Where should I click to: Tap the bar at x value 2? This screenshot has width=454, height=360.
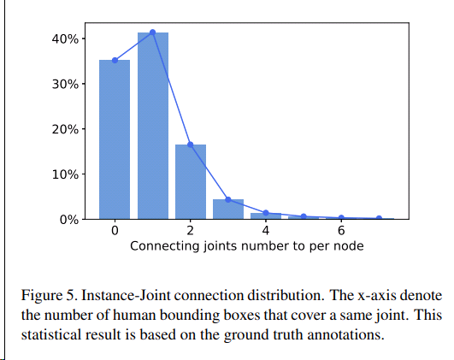191,181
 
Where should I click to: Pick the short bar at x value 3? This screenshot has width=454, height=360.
228,210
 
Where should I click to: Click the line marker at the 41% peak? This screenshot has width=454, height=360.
152,32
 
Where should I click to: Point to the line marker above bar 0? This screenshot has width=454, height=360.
115,60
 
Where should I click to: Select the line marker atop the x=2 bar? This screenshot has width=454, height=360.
191,145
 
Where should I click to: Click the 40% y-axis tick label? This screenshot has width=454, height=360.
69,39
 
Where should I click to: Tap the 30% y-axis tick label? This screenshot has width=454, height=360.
69,85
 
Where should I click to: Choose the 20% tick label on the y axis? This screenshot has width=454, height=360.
69,129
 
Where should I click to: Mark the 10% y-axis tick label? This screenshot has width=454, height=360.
69,174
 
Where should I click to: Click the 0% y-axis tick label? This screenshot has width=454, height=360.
73,220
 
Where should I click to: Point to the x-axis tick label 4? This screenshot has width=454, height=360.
266,231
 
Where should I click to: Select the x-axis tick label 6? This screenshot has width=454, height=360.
341,231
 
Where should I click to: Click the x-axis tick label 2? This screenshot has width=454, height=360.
191,231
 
